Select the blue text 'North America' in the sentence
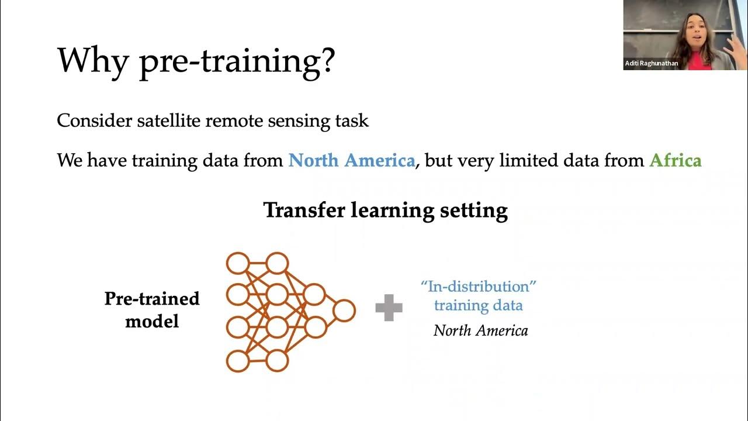[351, 160]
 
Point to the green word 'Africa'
[675, 160]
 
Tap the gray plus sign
[389, 308]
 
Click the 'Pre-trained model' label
[152, 309]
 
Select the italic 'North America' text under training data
[480, 331]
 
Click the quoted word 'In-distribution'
[479, 287]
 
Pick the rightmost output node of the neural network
[344, 310]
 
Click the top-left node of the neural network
[238, 263]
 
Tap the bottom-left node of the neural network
[238, 361]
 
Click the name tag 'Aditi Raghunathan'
[652, 63]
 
